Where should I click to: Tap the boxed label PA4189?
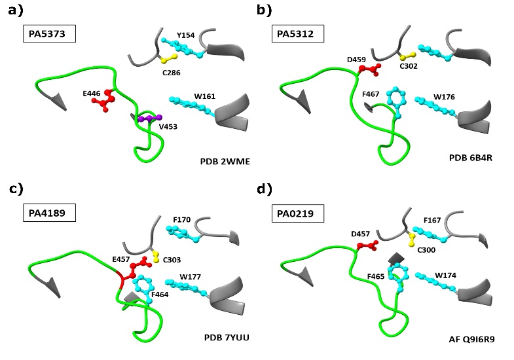tap(49, 213)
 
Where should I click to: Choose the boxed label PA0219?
tap(298, 213)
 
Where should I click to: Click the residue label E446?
tap(92, 94)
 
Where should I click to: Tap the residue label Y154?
tap(185, 35)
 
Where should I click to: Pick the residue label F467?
tap(372, 94)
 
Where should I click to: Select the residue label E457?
tap(121, 259)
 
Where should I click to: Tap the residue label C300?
tap(426, 249)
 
